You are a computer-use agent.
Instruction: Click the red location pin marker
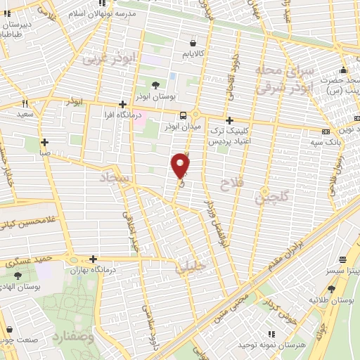[x=181, y=165]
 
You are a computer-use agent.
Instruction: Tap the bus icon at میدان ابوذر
[x=183, y=115]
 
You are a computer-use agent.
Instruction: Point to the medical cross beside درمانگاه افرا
[x=122, y=105]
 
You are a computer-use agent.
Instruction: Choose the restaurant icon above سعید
[x=26, y=103]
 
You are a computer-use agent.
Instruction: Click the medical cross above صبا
[x=44, y=142]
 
